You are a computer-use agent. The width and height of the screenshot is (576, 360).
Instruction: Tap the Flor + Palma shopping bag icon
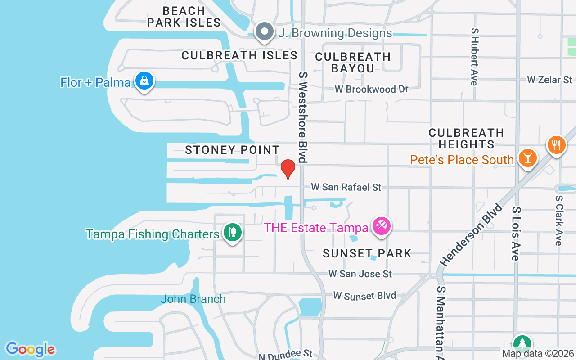(x=144, y=81)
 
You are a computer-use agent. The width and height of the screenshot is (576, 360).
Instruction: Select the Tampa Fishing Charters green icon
(x=232, y=233)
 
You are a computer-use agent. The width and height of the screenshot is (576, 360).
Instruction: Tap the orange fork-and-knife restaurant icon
(x=557, y=145)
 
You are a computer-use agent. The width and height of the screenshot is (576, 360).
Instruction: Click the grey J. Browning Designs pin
(x=264, y=32)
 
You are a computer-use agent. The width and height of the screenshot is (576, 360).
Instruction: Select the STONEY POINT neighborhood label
(x=232, y=150)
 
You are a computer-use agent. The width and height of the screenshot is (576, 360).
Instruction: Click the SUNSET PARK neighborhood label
(x=367, y=253)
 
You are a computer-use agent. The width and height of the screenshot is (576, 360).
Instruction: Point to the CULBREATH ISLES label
(x=239, y=55)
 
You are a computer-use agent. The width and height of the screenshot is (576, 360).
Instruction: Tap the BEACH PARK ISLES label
(x=184, y=17)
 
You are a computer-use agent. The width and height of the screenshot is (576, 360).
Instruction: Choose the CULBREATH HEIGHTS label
(x=466, y=139)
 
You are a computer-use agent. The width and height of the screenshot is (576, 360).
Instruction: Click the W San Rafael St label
(x=346, y=187)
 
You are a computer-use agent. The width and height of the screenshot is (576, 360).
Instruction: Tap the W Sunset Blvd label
(x=364, y=296)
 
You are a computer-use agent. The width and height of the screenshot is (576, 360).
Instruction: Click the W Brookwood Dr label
(x=371, y=89)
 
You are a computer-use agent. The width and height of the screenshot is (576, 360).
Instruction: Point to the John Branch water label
(x=193, y=299)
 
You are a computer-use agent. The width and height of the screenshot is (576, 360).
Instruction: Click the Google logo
(x=30, y=349)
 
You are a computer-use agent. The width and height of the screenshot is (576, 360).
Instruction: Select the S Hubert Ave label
(x=474, y=57)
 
